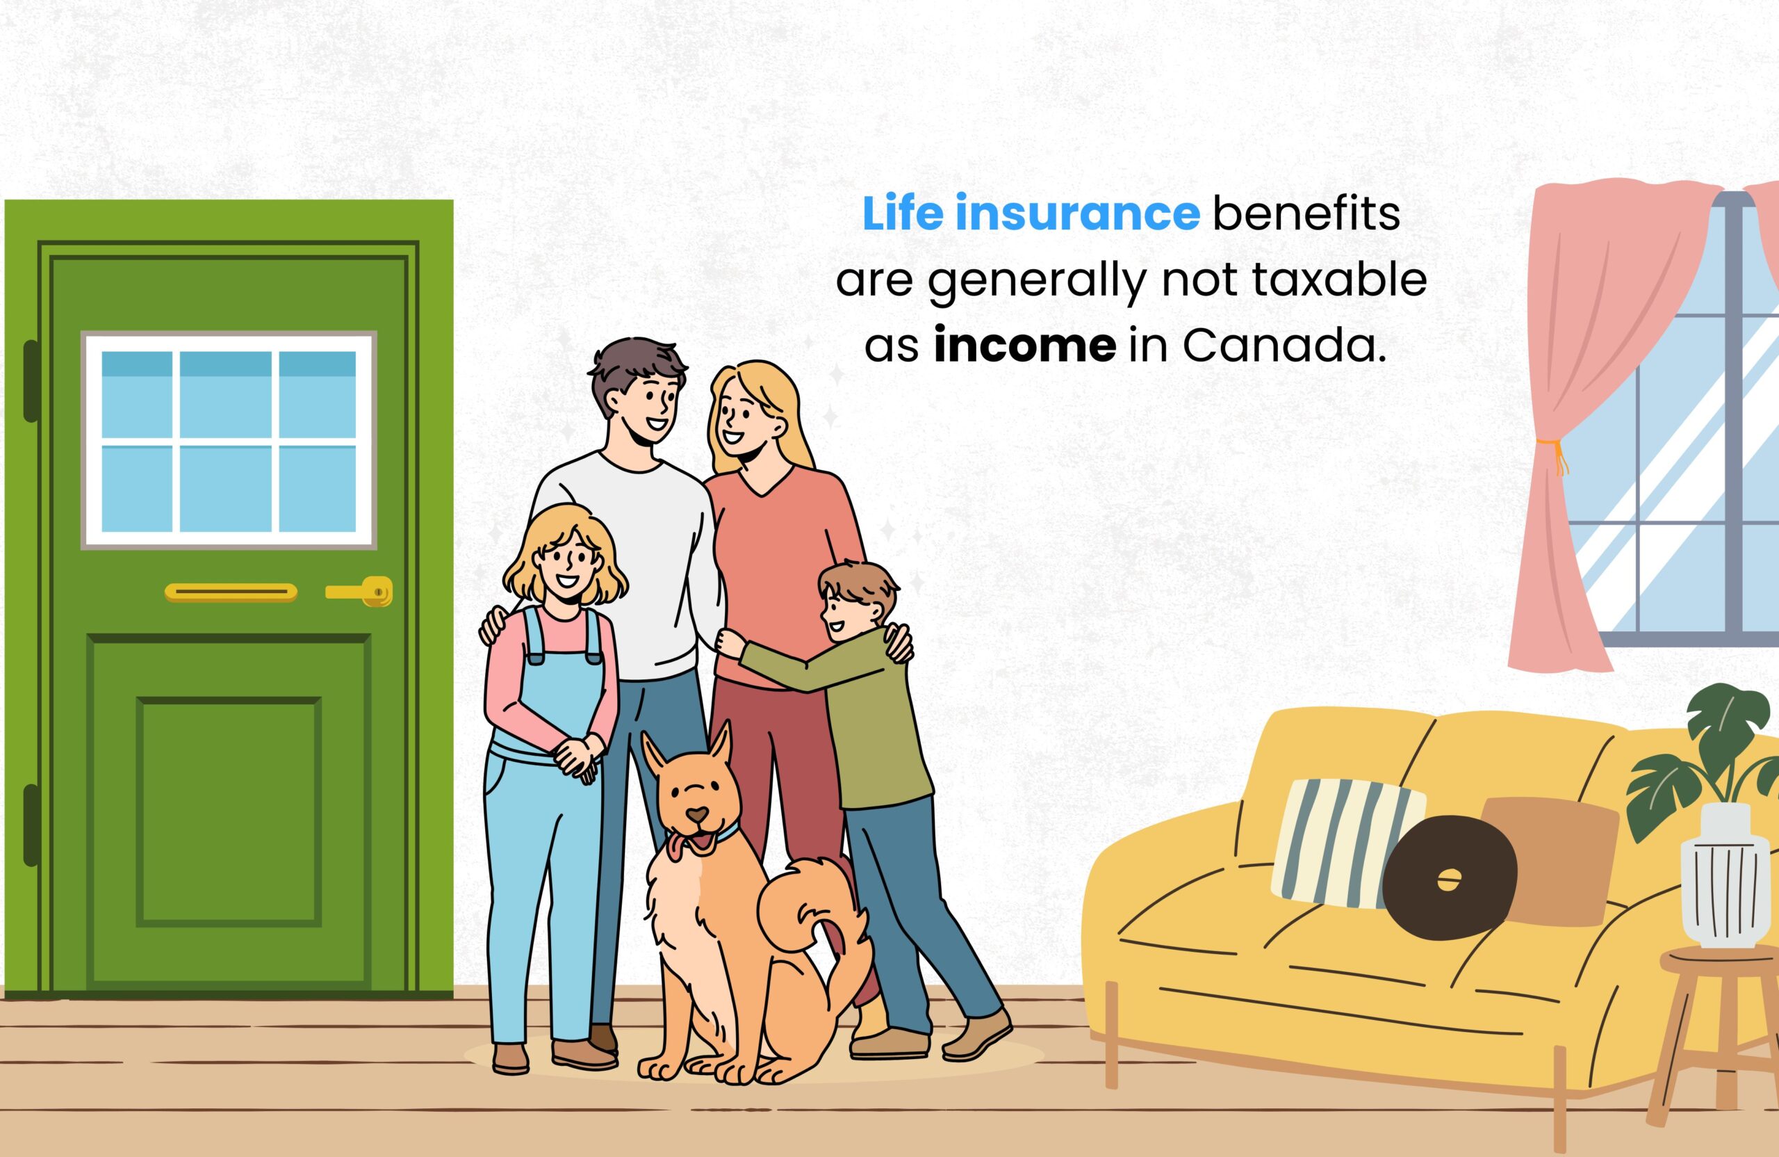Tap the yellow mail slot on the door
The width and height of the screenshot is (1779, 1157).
(230, 593)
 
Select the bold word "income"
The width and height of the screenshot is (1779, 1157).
(1025, 346)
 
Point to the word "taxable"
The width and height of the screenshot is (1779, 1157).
(1338, 280)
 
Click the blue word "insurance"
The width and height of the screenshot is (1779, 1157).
(1077, 214)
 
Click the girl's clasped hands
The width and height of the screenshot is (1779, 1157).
(579, 755)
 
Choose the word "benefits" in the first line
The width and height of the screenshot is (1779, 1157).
(1305, 214)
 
